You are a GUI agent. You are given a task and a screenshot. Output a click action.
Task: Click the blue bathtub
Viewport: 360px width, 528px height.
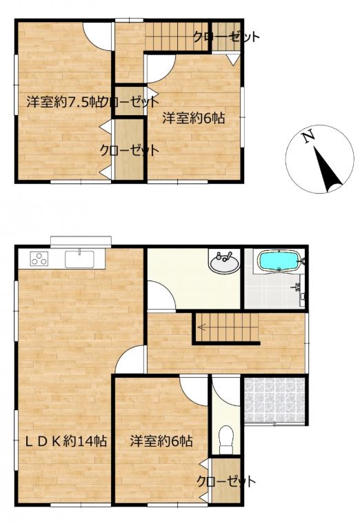pyautogui.click(x=278, y=261)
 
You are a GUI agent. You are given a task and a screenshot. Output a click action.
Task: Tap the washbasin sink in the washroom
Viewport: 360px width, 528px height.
pyautogui.click(x=224, y=263)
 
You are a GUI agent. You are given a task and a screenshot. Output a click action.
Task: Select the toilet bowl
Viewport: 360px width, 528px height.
pyautogui.click(x=226, y=440)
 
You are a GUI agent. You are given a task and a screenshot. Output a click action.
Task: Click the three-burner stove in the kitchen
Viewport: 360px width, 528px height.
pyautogui.click(x=39, y=258)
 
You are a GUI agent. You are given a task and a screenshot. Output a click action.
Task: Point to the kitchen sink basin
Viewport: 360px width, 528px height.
pyautogui.click(x=80, y=258)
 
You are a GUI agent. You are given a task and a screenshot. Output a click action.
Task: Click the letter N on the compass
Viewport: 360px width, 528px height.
pyautogui.click(x=308, y=137)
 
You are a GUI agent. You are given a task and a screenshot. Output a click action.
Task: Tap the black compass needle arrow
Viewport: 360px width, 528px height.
pyautogui.click(x=328, y=170)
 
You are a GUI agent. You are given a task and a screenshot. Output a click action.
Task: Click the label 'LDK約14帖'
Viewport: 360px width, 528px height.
pyautogui.click(x=66, y=441)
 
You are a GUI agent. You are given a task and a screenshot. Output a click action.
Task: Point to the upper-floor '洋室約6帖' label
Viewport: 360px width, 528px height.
pyautogui.click(x=194, y=118)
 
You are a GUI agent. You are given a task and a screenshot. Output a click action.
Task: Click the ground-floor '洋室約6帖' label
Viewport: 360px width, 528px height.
pyautogui.click(x=161, y=440)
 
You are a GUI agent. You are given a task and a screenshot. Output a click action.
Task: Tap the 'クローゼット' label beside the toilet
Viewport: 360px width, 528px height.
pyautogui.click(x=226, y=481)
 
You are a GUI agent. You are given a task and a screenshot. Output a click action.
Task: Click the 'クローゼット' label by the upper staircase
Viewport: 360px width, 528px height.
pyautogui.click(x=226, y=37)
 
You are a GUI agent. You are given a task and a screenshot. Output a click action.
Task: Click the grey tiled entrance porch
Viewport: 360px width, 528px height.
pyautogui.click(x=274, y=400)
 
